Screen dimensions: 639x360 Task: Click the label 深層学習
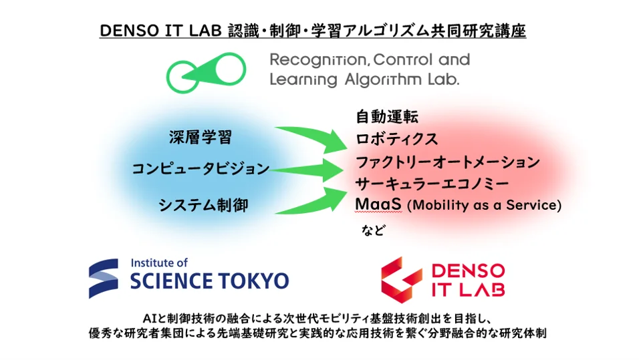(201, 138)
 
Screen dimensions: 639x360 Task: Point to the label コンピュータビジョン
(201, 168)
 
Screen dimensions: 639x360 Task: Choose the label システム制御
(203, 205)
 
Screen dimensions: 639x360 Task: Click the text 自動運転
(387, 116)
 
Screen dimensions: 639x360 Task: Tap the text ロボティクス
(396, 140)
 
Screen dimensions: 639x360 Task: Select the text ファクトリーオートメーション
(448, 162)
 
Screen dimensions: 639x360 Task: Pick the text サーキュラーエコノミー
(432, 184)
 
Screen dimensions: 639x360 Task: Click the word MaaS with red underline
(378, 204)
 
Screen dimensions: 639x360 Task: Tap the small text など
(373, 230)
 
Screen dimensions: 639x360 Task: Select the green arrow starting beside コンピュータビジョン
(309, 170)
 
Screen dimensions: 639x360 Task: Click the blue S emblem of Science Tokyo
(104, 279)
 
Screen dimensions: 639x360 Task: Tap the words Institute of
(159, 263)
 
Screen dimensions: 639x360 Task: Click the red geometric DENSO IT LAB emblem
(402, 280)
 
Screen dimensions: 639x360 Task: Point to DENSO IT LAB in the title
(160, 31)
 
